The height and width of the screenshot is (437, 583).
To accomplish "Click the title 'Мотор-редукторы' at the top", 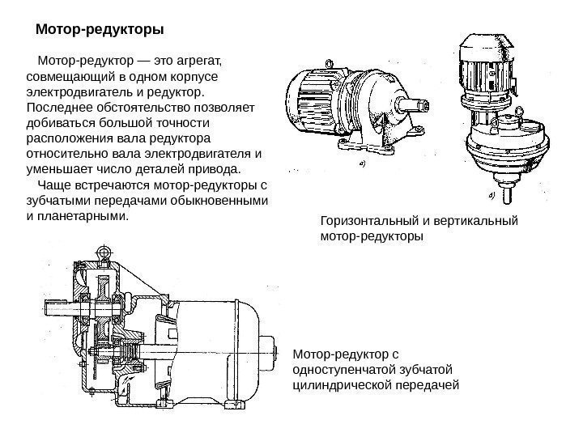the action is tap(100, 30).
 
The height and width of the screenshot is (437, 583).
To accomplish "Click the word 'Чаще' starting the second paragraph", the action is tap(54, 187).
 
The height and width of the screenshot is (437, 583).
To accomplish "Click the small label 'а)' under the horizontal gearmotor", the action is tap(361, 162).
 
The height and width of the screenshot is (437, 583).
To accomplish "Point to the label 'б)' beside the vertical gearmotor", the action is tap(490, 195).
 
